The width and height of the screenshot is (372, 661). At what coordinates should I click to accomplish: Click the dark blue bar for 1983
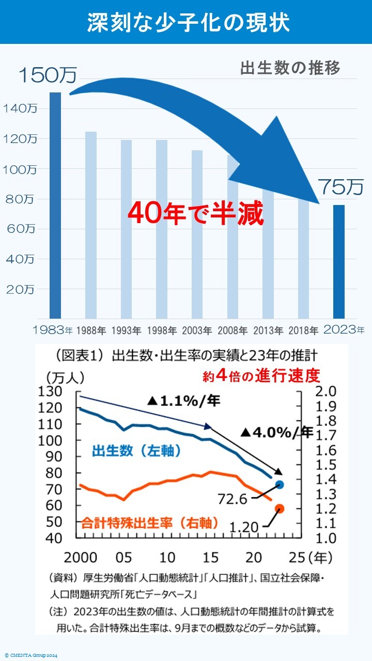click(55, 206)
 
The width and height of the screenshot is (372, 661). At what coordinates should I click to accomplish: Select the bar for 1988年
click(91, 225)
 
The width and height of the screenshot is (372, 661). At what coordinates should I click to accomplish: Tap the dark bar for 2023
click(338, 261)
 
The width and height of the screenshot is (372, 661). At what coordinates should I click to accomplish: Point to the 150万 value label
click(47, 75)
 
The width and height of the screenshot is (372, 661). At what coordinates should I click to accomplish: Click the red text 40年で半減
click(196, 212)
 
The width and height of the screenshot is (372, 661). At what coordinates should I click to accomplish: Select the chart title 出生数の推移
click(290, 69)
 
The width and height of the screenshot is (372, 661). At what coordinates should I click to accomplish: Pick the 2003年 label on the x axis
click(197, 330)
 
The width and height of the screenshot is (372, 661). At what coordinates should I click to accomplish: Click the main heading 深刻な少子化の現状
click(186, 23)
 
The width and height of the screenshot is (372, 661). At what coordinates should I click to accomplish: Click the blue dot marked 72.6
click(280, 484)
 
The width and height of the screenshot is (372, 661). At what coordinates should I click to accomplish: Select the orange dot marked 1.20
click(280, 509)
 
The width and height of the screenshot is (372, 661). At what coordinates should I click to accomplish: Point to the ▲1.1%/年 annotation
click(183, 401)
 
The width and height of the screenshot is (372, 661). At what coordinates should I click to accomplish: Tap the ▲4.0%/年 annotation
click(276, 432)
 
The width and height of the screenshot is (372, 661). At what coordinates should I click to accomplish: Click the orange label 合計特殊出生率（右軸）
click(149, 523)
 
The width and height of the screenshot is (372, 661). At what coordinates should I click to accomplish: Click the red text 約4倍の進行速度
click(261, 375)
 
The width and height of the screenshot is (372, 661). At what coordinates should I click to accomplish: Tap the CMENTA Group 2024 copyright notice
click(31, 656)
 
